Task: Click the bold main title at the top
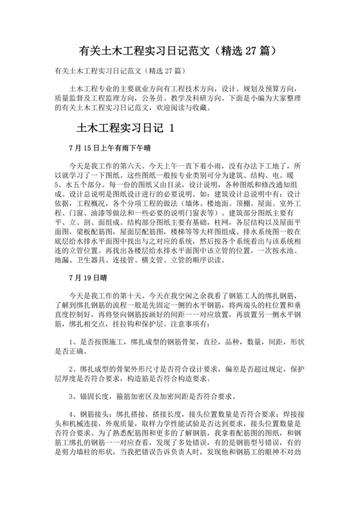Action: (x=179, y=49)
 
